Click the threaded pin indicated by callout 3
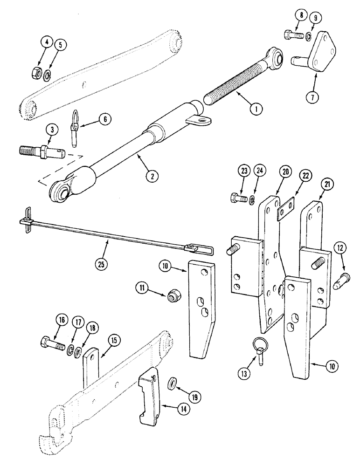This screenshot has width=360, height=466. point(44,151)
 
